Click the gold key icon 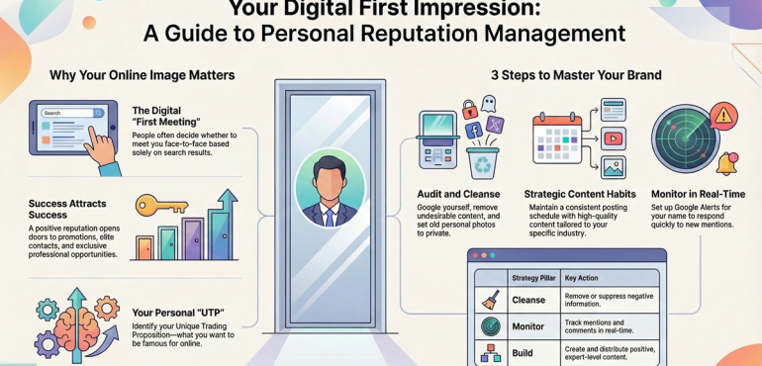click(161, 205)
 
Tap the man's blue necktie click(330, 217)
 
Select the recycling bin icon click(482, 163)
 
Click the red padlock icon click(469, 110)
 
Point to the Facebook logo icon click(473, 131)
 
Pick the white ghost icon click(488, 104)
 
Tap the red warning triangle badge click(723, 116)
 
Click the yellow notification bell click(726, 164)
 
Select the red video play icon click(614, 138)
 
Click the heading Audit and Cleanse click(458, 194)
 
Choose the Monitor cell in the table click(528, 326)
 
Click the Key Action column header click(581, 278)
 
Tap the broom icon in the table click(490, 301)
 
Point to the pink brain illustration click(76, 326)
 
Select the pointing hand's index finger click(93, 134)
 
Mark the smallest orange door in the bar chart click(144, 247)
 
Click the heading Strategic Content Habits click(580, 194)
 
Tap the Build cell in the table click(523, 353)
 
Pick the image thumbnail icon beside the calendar click(614, 168)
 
